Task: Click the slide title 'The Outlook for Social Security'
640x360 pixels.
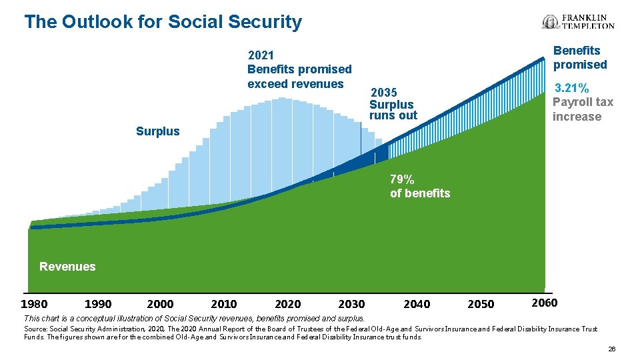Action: point(163,22)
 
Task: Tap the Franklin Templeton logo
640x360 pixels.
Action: point(578,22)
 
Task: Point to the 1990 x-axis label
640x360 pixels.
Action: point(98,304)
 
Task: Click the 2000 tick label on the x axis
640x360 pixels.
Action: point(160,304)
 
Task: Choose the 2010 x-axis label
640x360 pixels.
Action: point(223,304)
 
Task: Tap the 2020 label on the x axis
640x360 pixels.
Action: point(287,304)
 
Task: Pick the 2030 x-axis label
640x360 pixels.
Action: point(351,304)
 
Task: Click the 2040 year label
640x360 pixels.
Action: point(417,304)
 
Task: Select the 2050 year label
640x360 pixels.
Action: point(481,304)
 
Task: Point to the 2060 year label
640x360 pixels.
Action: point(544,303)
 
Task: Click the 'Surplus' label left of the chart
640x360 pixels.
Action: point(157,131)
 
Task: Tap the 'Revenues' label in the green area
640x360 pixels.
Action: point(67,267)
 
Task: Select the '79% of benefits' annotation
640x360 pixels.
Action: point(420,187)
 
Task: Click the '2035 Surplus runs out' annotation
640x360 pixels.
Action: point(393,104)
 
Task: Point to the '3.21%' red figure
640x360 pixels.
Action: point(572,88)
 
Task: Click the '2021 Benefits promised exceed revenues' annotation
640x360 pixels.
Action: point(299,69)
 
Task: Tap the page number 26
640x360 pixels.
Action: point(611,349)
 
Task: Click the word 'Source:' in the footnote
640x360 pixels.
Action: point(34,329)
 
